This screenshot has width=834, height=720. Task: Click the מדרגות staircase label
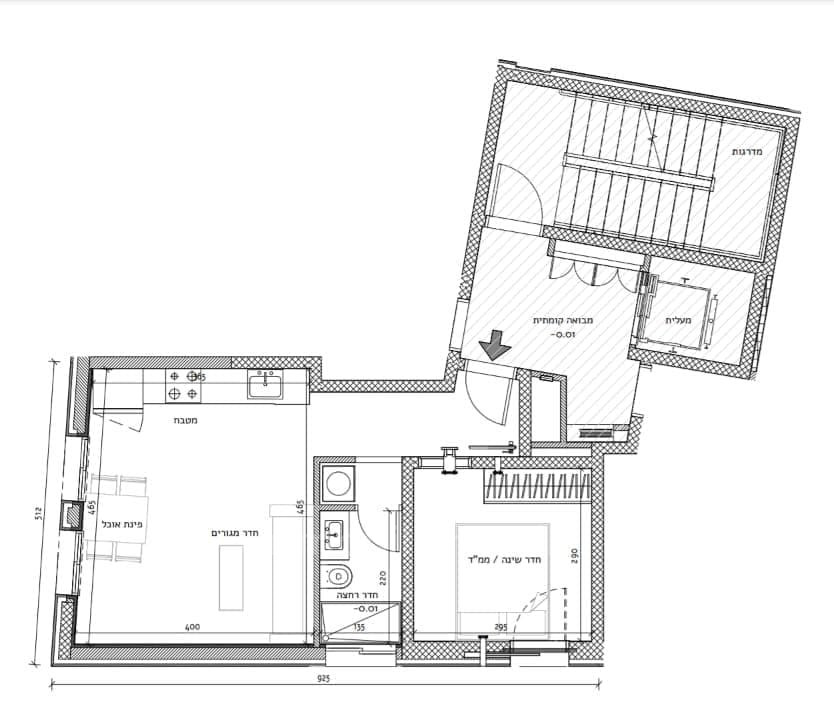click(x=747, y=151)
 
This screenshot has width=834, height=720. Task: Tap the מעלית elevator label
click(x=685, y=320)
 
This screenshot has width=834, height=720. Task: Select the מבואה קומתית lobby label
click(x=552, y=320)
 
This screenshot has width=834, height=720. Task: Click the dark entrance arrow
click(x=495, y=347)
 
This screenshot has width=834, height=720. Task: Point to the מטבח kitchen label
click(x=183, y=420)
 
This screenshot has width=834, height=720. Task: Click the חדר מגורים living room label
click(x=236, y=533)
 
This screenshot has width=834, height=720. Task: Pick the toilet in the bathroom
click(x=338, y=576)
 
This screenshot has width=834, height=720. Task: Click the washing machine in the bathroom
click(x=338, y=484)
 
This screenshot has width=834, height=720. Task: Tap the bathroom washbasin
click(x=334, y=535)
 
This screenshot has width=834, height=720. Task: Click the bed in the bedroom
click(x=505, y=580)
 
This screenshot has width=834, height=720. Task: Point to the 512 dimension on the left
click(x=37, y=514)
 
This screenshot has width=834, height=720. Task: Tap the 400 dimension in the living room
click(x=193, y=627)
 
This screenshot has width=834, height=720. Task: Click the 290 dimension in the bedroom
click(x=575, y=554)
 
